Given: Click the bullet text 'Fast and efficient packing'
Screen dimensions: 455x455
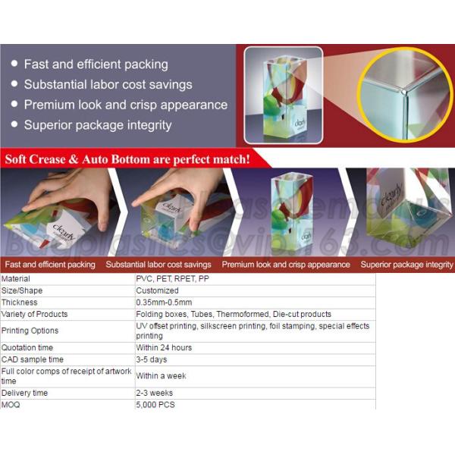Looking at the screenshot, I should point(96,64).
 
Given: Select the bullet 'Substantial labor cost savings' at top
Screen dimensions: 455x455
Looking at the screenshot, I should point(108,85).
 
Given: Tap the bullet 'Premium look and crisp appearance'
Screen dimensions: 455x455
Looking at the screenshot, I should point(125,105).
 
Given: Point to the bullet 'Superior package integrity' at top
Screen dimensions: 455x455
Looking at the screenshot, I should point(97,125).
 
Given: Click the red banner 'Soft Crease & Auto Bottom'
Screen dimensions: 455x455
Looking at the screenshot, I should point(127,159).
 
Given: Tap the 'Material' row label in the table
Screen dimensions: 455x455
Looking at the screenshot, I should point(16,279).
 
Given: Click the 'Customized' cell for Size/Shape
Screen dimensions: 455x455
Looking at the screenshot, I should point(157,290).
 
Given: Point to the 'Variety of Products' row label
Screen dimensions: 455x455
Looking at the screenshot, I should point(34,314).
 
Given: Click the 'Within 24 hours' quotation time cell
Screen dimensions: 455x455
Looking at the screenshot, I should point(164,347).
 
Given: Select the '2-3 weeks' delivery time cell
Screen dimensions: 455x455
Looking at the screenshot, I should point(154,393).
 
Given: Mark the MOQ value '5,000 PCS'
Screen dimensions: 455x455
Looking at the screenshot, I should point(155,404).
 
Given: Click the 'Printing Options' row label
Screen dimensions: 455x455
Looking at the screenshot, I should point(30,331).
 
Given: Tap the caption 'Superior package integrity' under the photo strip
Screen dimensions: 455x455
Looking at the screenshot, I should point(406,265).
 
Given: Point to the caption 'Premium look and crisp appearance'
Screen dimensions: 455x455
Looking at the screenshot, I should point(286,265).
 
